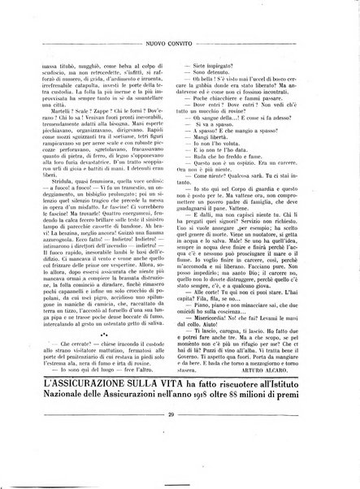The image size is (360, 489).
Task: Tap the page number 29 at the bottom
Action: [180, 459]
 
